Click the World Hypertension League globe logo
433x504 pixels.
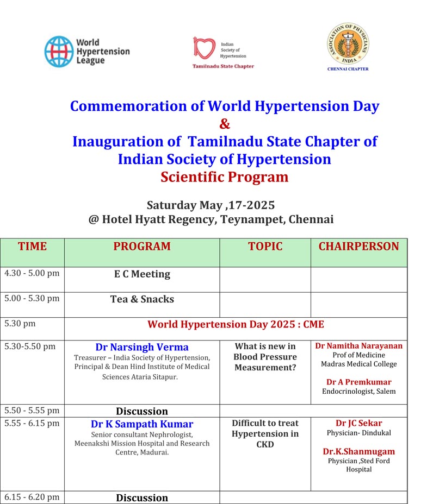(x=58, y=51)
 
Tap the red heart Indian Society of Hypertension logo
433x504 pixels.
(x=205, y=48)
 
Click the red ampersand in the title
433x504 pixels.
(x=225, y=124)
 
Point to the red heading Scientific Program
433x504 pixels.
(x=224, y=177)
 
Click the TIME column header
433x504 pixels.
(x=32, y=247)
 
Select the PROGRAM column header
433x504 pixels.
(x=142, y=247)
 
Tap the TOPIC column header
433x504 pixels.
(x=265, y=247)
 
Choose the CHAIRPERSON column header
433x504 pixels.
(x=358, y=247)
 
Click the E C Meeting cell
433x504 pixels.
(x=142, y=274)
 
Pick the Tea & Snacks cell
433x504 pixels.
(x=142, y=299)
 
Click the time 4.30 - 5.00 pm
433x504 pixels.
(x=32, y=273)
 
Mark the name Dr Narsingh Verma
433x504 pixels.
(x=142, y=347)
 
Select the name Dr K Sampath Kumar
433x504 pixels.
(x=142, y=424)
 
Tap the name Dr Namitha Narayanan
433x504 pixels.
(x=359, y=346)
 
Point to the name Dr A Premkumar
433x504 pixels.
(x=358, y=382)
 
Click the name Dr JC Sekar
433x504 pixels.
(x=358, y=423)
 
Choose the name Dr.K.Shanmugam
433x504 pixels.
(x=358, y=451)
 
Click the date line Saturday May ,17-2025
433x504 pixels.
(x=211, y=205)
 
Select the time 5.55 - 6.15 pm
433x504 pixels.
(x=32, y=423)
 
